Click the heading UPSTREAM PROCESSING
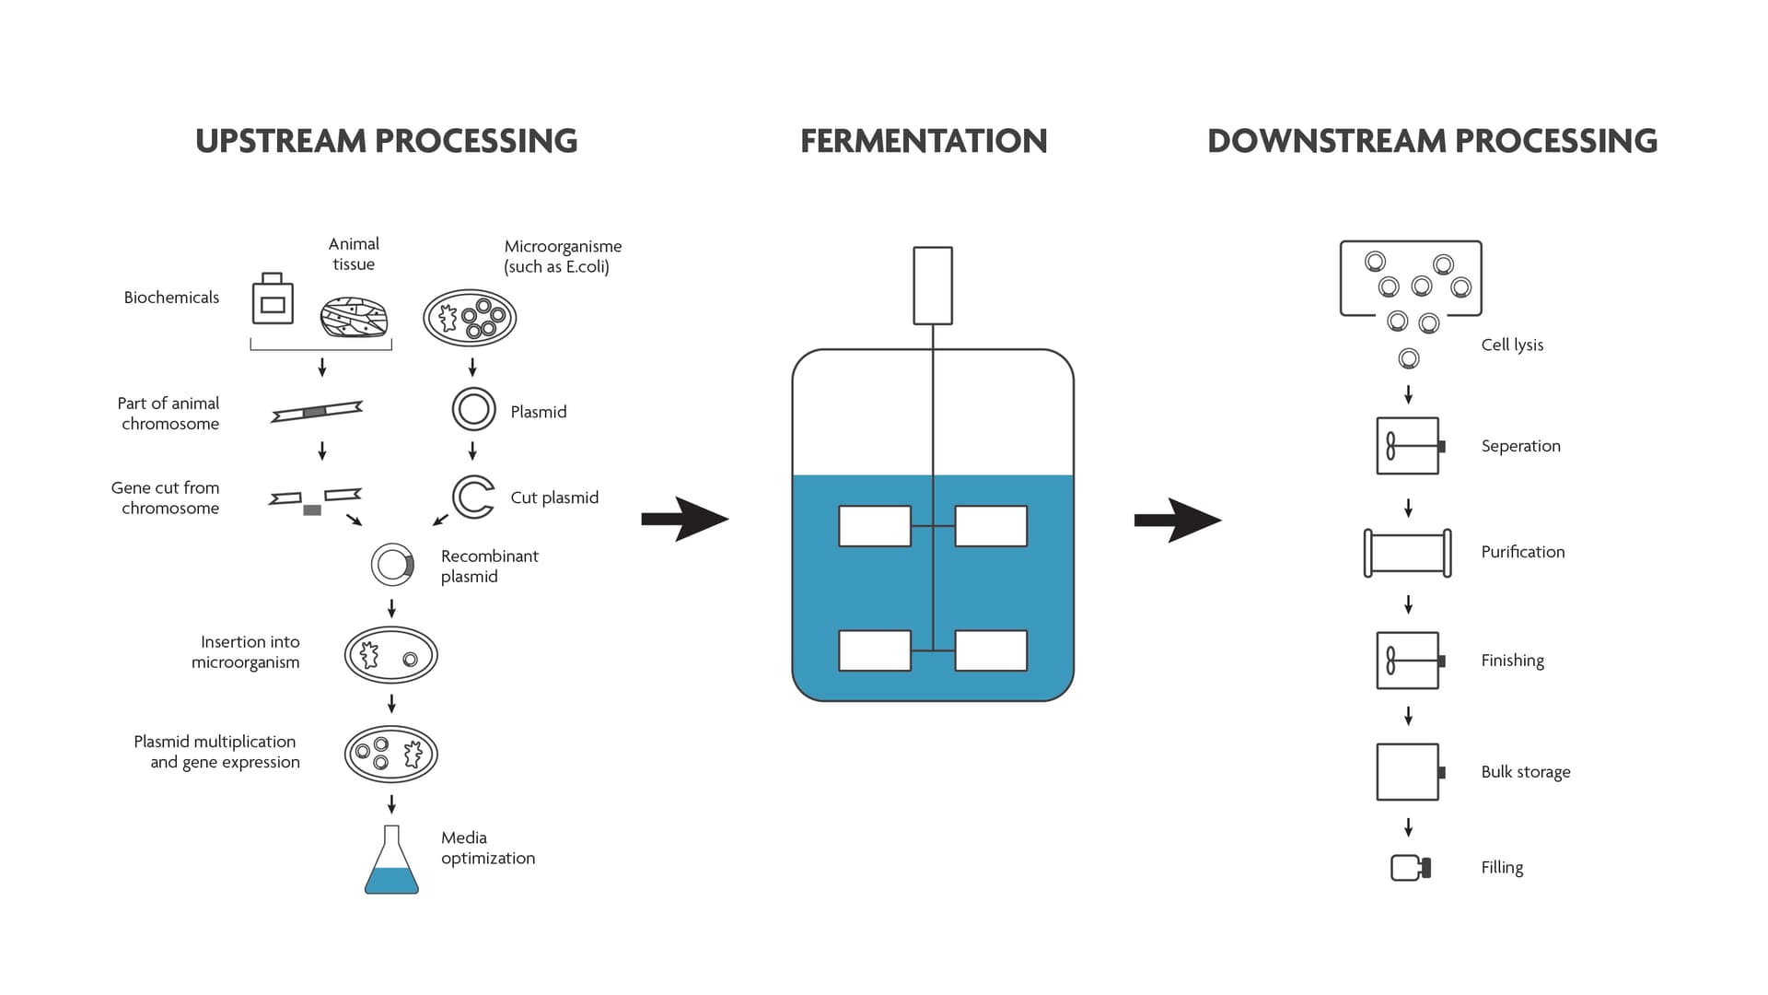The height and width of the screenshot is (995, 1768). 386,141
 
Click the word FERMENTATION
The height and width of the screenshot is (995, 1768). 924,141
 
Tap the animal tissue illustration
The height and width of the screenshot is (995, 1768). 354,317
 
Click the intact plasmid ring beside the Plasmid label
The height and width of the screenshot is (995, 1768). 473,409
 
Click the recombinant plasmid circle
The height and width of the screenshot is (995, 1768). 392,565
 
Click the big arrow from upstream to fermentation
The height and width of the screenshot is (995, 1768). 684,519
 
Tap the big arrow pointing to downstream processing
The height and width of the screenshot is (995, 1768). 1177,520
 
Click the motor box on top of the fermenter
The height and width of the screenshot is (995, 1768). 932,286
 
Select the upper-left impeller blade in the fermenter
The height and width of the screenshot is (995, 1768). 874,526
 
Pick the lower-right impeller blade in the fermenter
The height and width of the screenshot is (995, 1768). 991,650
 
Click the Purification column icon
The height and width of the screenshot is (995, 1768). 1407,553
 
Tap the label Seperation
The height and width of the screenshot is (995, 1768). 1520,446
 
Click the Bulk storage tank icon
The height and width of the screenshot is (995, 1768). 1408,772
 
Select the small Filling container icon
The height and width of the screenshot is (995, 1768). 1409,868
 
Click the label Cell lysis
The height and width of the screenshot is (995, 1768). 1512,345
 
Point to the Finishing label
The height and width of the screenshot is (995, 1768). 1512,661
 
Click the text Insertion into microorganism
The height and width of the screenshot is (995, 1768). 246,651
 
